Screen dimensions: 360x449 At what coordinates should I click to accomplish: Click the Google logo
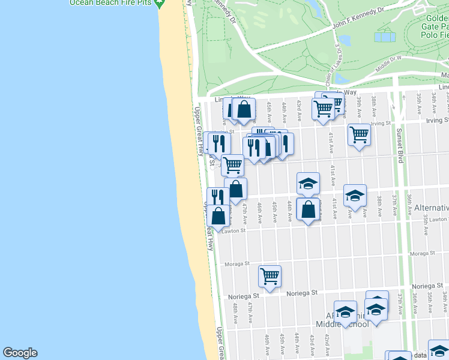20,353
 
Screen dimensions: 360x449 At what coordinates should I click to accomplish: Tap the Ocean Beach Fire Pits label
109,2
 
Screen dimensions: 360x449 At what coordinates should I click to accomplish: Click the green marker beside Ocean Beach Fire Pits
159,3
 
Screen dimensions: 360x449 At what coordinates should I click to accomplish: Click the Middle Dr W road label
388,62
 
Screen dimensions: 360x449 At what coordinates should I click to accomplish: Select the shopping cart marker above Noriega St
270,277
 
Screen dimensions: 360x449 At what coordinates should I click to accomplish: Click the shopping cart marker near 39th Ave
359,135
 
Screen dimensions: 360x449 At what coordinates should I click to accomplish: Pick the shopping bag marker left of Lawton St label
218,216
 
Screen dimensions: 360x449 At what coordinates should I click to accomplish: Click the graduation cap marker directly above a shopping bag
308,184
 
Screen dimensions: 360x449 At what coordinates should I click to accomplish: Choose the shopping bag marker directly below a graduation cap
308,209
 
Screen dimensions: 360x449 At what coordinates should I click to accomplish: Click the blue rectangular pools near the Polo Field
385,37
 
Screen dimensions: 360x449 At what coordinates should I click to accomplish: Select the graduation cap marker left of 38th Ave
355,195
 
